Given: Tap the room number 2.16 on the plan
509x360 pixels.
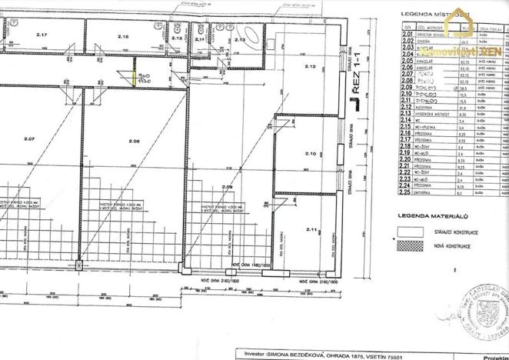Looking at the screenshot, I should point(123,36).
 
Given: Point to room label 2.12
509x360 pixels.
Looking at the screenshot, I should point(311,68).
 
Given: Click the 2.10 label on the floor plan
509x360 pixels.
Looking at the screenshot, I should point(311,154).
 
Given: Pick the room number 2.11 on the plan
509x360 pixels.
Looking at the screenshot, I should point(311,229).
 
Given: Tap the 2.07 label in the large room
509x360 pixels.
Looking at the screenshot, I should point(30,139).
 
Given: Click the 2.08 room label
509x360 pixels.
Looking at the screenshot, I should point(134,140).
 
